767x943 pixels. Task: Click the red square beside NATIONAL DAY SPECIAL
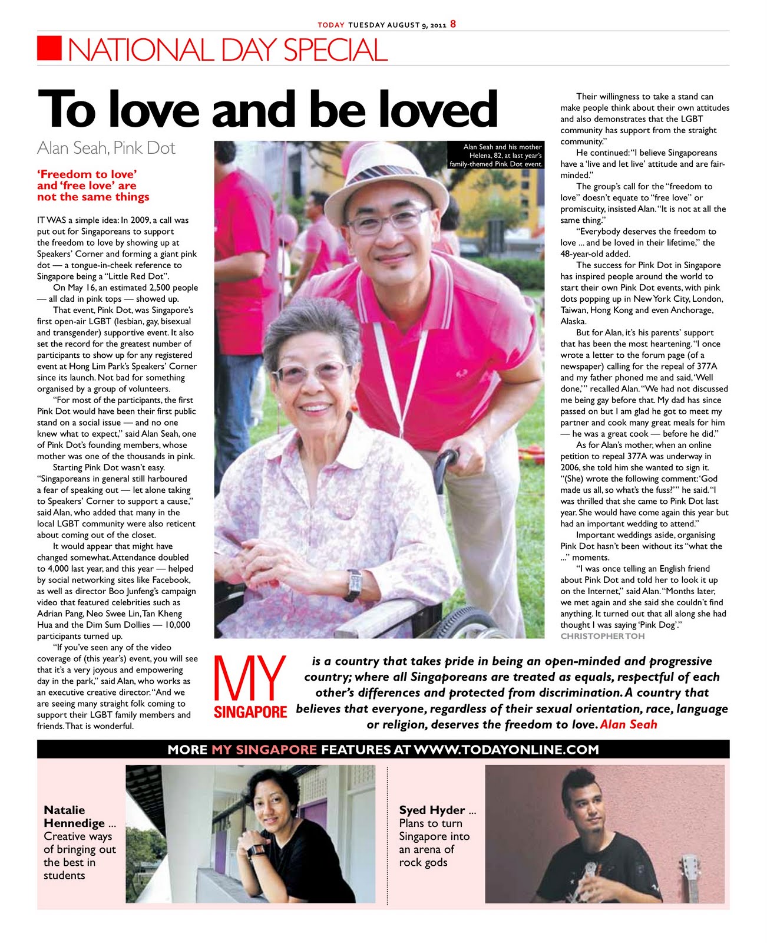[x=49, y=48]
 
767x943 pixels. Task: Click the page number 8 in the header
[x=453, y=24]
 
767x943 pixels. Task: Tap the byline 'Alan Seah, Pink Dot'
[x=106, y=148]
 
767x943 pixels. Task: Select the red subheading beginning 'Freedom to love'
[x=93, y=185]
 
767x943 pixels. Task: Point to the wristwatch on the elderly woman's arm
[x=354, y=583]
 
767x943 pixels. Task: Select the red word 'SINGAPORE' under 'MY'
[x=250, y=712]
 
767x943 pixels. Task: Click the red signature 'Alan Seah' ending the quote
[x=628, y=724]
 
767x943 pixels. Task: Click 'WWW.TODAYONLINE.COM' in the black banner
[x=506, y=750]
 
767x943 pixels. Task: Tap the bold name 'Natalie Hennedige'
[x=75, y=816]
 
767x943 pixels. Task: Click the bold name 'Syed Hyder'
[x=432, y=810]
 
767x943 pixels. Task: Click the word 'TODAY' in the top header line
[x=330, y=25]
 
